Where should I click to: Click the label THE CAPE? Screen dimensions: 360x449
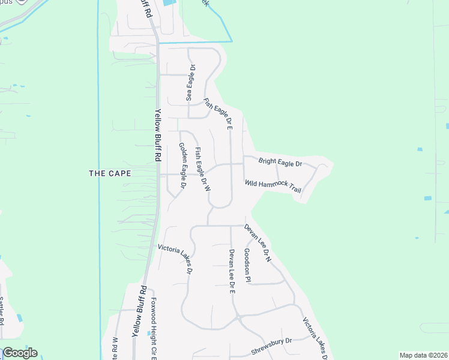pos(109,173)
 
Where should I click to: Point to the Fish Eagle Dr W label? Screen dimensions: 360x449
pos(202,170)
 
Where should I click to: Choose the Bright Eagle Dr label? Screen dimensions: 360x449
pos(280,162)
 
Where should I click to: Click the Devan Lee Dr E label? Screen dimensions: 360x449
pos(231,271)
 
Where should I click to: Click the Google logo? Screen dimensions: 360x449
pos(20,353)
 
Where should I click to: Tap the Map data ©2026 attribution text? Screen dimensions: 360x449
pos(423,355)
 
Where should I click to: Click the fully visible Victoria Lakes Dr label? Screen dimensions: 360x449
pos(175,259)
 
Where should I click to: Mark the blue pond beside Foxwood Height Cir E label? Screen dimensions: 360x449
pos(149,332)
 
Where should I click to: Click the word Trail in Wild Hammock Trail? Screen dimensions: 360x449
pos(293,188)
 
